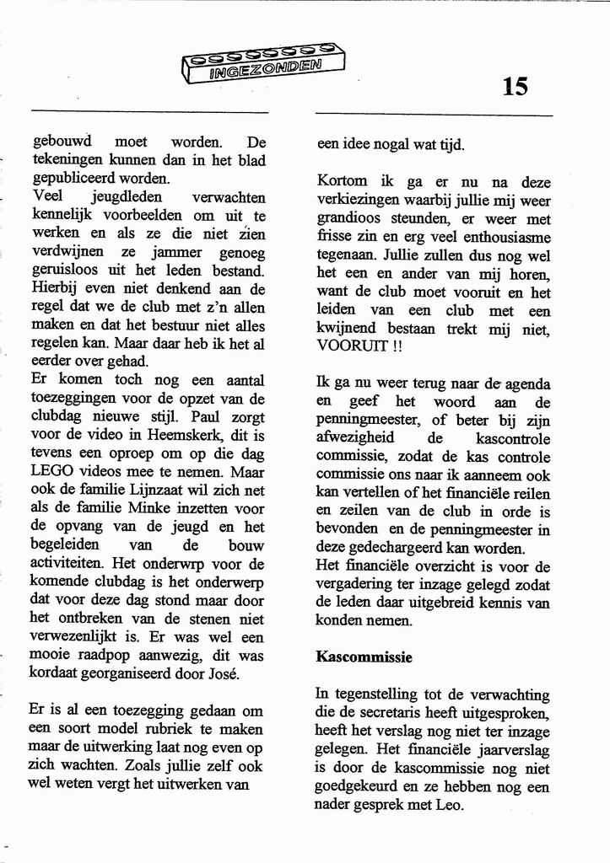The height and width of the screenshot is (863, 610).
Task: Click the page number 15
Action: pos(515,86)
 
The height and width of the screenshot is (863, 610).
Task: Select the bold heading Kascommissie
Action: pos(364,657)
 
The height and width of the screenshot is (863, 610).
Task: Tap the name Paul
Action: pos(206,417)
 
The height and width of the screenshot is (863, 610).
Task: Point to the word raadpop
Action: pos(110,655)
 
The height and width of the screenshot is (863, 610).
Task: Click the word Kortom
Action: pos(342,181)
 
